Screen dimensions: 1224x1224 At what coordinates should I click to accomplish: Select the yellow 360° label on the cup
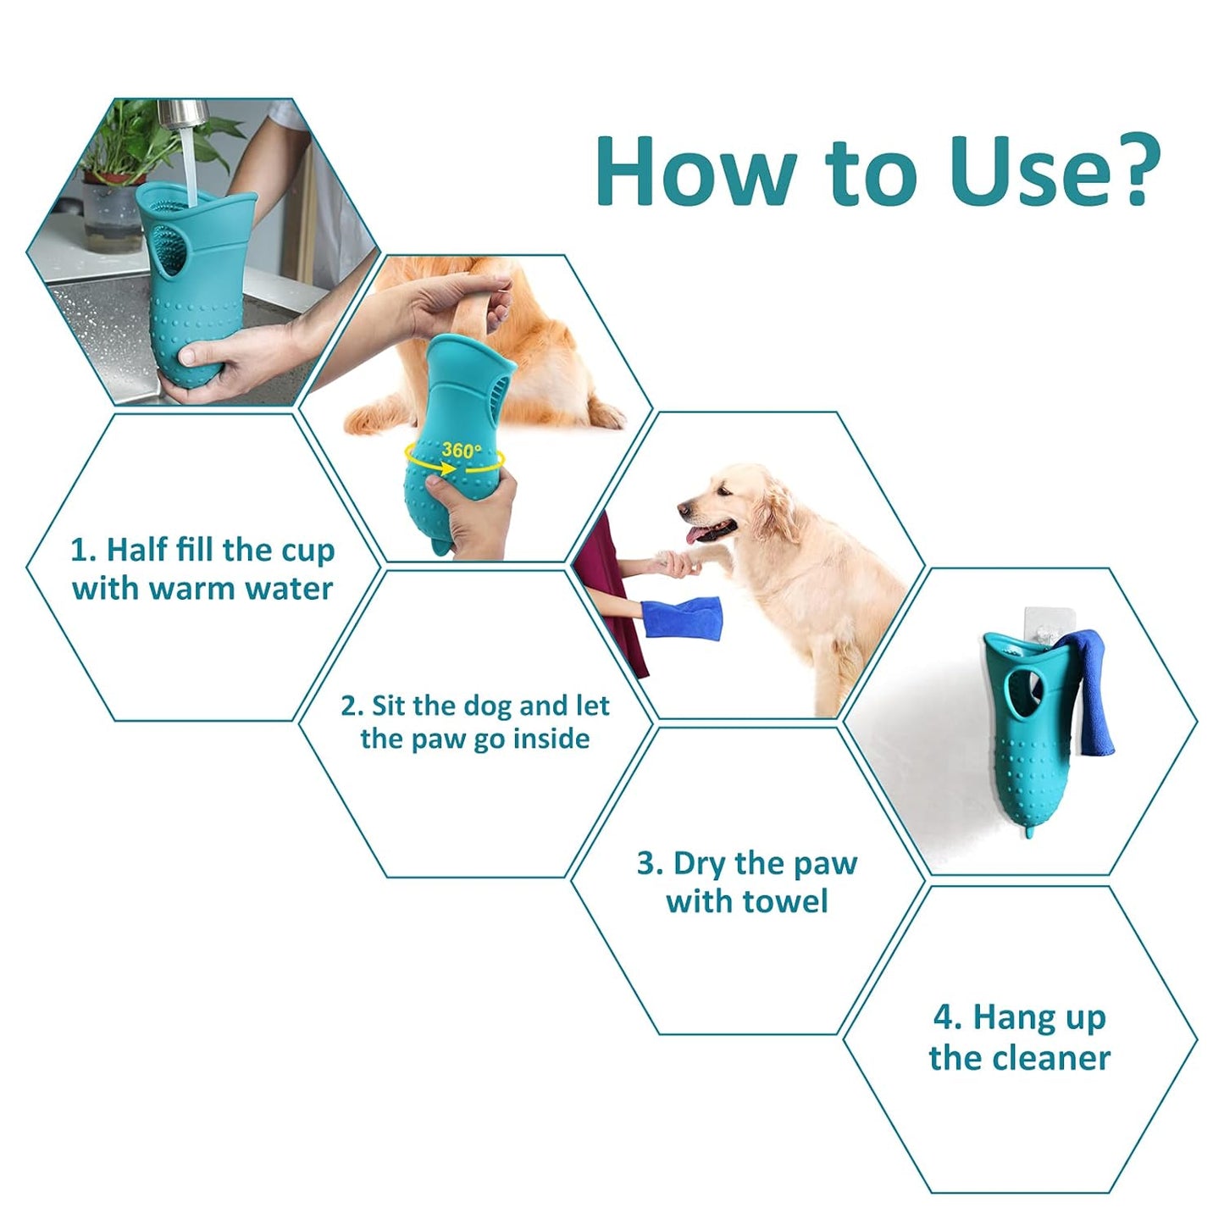tap(461, 450)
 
